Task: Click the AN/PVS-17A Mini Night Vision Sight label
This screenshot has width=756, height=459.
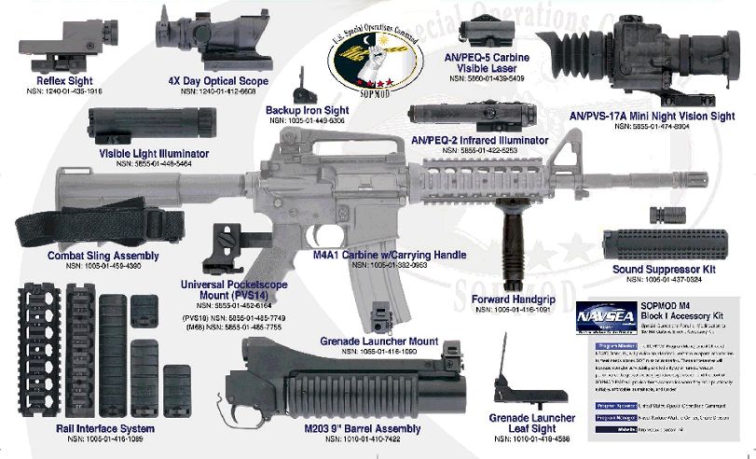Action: pyautogui.click(x=660, y=116)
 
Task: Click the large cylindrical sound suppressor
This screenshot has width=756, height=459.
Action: pyautogui.click(x=675, y=239)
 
